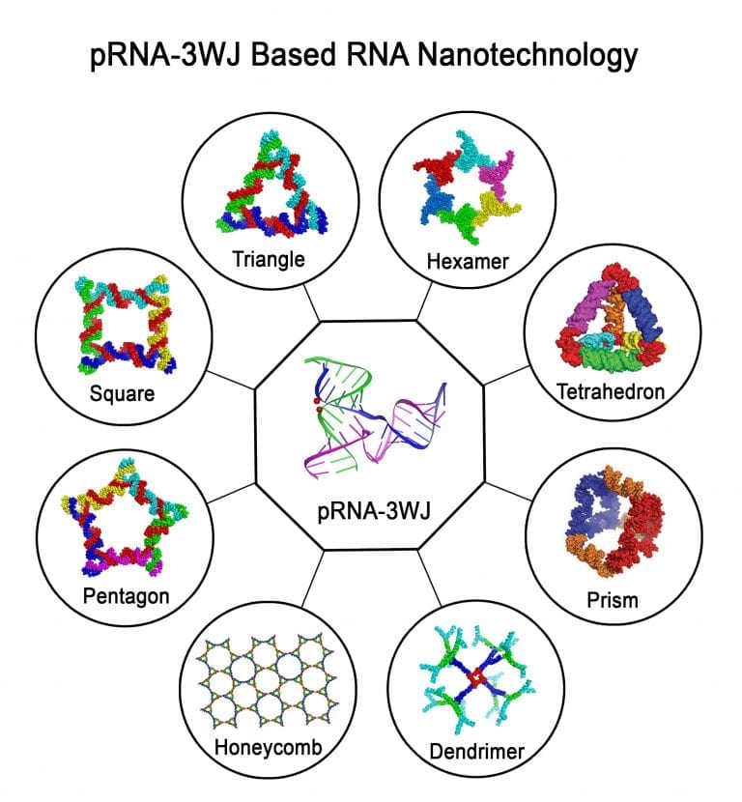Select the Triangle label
[268, 259]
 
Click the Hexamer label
[467, 260]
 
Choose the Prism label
[612, 600]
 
